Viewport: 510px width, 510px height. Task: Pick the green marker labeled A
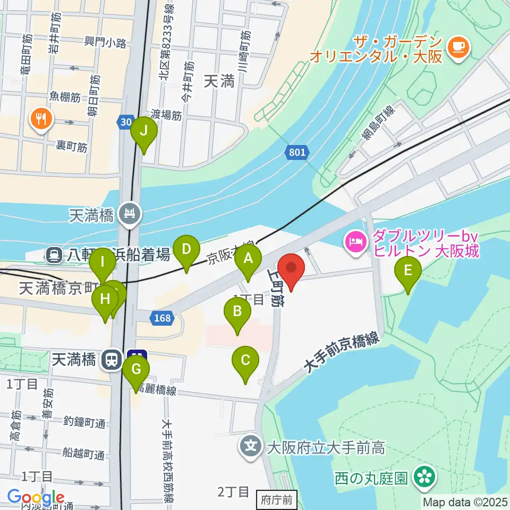point(248,259)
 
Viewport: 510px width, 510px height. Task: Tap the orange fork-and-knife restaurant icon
point(40,118)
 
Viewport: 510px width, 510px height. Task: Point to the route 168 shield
point(162,318)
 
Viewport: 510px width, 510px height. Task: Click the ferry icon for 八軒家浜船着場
point(54,256)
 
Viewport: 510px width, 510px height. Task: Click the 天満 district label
point(219,81)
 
